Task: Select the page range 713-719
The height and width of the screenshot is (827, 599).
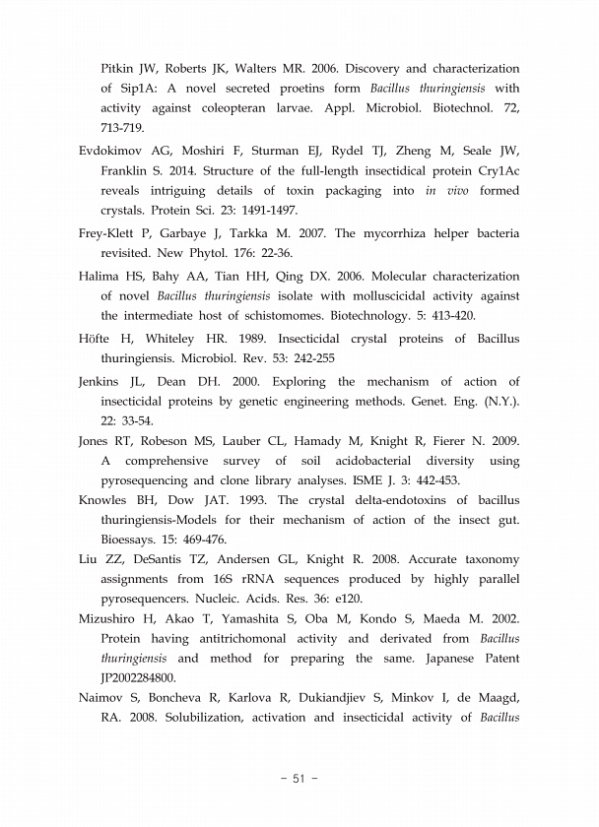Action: (x=123, y=128)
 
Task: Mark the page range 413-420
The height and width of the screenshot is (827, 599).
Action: (x=441, y=317)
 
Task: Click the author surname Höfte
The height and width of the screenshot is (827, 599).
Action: (x=96, y=340)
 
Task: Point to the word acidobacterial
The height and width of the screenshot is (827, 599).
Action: (x=372, y=461)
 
